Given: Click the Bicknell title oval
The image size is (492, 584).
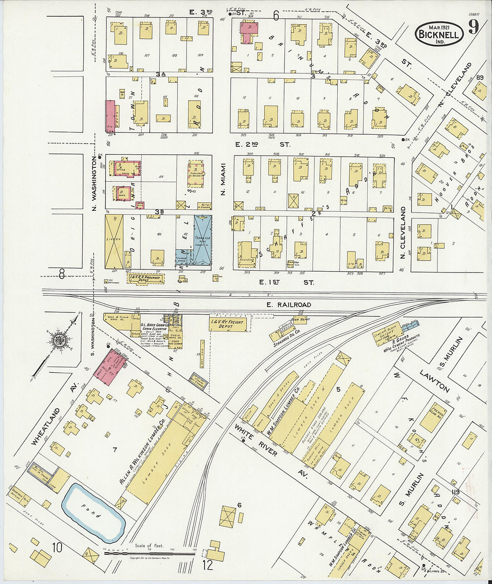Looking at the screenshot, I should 439,34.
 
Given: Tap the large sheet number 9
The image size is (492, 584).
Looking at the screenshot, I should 473,27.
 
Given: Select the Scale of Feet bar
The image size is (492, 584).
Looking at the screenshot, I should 150,553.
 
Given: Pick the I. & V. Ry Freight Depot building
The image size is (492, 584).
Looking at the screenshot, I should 228,324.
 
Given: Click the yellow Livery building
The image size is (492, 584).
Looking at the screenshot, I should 114,242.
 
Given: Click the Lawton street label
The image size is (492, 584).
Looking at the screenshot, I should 434,381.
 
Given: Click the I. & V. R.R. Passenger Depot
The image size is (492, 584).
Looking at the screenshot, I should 146,278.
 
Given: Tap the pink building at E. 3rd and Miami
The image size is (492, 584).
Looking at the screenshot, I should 249,28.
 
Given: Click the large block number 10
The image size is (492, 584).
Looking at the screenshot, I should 57,547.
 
